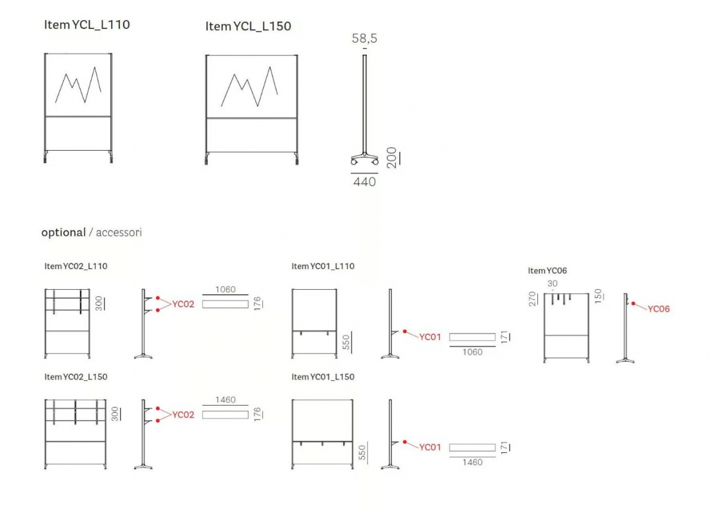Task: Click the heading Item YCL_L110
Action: point(87,25)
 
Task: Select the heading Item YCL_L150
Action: point(248,26)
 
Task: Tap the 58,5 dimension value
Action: point(364,38)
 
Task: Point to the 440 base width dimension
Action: point(364,182)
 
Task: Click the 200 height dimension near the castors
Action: point(392,158)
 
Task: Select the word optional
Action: point(64,233)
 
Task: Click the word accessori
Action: point(119,232)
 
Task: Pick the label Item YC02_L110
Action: point(76,266)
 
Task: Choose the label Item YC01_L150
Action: point(323,377)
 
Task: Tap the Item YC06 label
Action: point(547,271)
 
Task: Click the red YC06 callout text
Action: point(659,309)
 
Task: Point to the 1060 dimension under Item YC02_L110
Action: point(225,290)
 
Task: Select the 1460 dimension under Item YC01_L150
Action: point(472,462)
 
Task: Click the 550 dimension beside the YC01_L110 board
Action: point(346,342)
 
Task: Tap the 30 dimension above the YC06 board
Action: point(553,283)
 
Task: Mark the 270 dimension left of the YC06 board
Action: point(532,299)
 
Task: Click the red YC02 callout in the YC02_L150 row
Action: point(183,415)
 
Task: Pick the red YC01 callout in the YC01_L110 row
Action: point(430,337)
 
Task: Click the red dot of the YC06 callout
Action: point(633,303)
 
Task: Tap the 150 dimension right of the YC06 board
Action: point(598,296)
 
